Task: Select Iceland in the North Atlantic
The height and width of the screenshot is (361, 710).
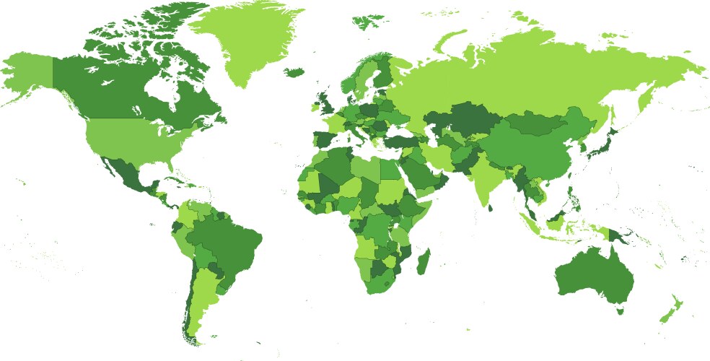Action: click(294, 72)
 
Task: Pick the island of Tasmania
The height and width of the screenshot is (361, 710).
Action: click(619, 310)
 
